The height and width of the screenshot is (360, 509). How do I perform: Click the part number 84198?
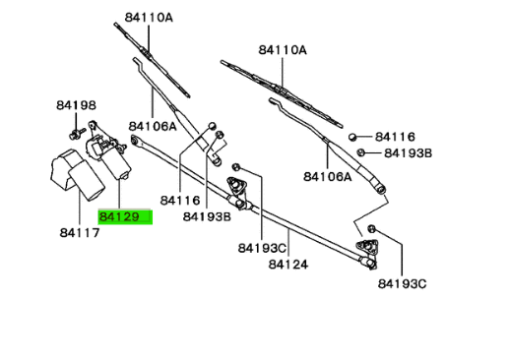[x=77, y=105]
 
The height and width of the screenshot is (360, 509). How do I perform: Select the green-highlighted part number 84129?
[x=119, y=216]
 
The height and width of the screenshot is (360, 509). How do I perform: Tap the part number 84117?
[x=80, y=233]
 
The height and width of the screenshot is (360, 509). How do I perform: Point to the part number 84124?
[x=288, y=265]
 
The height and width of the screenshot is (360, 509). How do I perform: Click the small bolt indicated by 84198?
[x=76, y=134]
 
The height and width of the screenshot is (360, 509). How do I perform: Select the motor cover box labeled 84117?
[x=77, y=174]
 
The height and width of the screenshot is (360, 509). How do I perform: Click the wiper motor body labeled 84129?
[x=108, y=153]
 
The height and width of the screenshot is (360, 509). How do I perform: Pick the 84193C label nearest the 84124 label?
[x=262, y=248]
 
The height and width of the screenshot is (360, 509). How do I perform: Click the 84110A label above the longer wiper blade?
[x=283, y=50]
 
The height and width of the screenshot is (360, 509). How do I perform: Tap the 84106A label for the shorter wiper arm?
[x=153, y=126]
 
